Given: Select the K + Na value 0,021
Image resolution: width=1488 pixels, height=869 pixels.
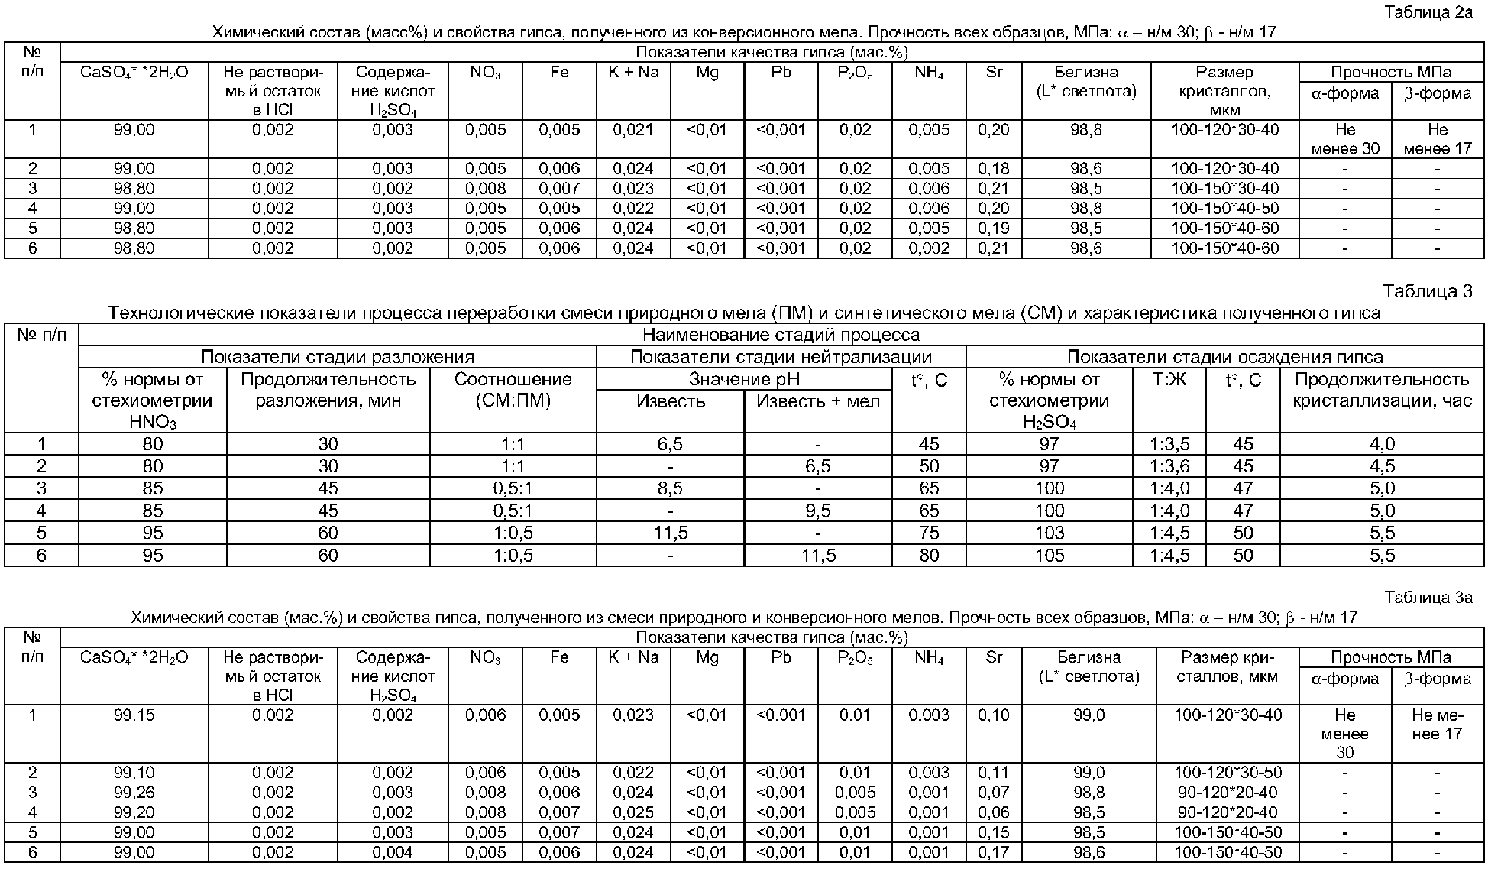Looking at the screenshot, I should [632, 130].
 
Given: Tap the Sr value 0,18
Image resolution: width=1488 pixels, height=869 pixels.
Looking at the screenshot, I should [993, 169].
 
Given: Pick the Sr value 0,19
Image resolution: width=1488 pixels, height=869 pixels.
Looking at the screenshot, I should [993, 229].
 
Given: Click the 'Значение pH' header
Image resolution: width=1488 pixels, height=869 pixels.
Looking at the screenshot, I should [744, 379].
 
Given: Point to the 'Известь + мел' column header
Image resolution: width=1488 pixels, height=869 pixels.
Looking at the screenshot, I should [817, 401].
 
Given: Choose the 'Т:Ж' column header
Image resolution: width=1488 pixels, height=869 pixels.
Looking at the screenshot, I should [1169, 379].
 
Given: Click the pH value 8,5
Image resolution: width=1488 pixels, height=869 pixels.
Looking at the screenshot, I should [669, 488].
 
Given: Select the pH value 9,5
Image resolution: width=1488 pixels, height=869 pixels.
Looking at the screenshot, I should [817, 511].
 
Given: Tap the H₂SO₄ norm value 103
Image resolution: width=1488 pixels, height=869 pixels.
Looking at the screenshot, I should [1049, 533].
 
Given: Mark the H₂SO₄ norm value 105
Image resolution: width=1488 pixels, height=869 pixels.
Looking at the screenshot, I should [1049, 555].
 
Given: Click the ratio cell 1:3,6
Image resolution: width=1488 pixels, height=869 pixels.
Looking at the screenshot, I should [1169, 466].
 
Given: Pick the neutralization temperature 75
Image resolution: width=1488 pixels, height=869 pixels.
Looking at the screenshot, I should [929, 533].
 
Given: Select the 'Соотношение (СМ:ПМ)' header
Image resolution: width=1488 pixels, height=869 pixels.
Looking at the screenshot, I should [513, 390].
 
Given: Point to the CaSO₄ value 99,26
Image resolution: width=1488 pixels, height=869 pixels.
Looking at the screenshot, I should [134, 793].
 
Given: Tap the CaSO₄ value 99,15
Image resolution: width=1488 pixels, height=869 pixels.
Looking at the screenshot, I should [134, 715].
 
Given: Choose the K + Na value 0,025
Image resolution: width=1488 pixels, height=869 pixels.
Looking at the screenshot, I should [632, 812].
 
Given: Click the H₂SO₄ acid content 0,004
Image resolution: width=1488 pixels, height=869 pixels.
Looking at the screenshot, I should [393, 852].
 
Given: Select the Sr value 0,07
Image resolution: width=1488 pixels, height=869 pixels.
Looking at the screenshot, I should [993, 793].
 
